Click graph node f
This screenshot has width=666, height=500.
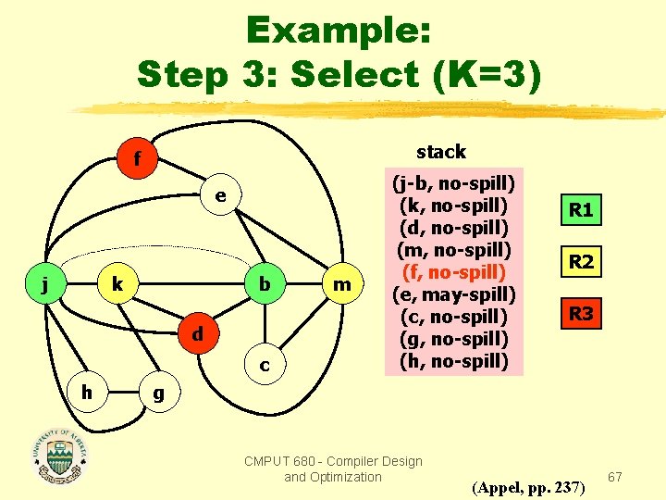pyautogui.click(x=137, y=160)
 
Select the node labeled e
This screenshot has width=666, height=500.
pyautogui.click(x=220, y=196)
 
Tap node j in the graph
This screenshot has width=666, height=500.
pyautogui.click(x=45, y=284)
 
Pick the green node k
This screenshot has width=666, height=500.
pyautogui.click(x=117, y=284)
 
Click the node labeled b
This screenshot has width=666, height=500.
pyautogui.click(x=265, y=284)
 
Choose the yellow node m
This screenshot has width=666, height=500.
pyautogui.click(x=342, y=284)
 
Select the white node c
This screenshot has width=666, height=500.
pyautogui.click(x=265, y=365)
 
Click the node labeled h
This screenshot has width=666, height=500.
pyautogui.click(x=85, y=392)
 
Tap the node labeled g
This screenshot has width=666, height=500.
pyautogui.click(x=158, y=392)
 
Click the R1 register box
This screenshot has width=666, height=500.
pyautogui.click(x=581, y=210)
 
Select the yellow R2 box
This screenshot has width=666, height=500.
pyautogui.click(x=581, y=262)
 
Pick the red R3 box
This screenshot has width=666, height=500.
pyautogui.click(x=581, y=314)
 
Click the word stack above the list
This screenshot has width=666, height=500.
pyautogui.click(x=441, y=151)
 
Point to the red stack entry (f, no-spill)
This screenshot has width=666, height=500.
pyautogui.click(x=453, y=271)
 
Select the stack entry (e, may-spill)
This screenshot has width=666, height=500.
pyautogui.click(x=453, y=294)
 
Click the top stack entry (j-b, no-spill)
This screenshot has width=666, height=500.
pyautogui.click(x=453, y=182)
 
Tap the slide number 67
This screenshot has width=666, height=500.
pyautogui.click(x=616, y=477)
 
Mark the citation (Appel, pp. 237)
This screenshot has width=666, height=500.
pyautogui.click(x=527, y=486)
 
